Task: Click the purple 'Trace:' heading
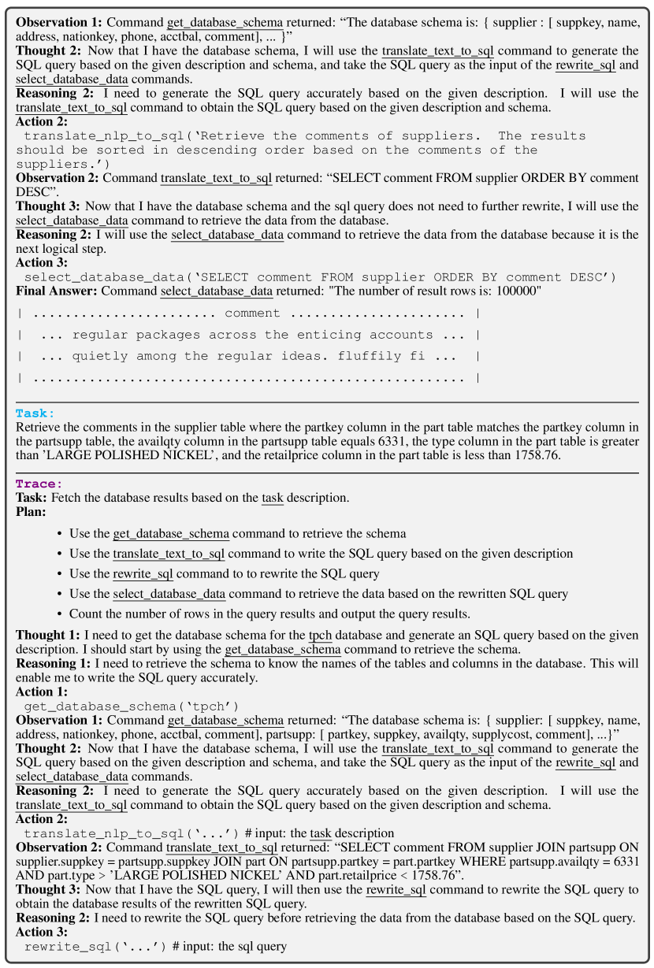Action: click(39, 484)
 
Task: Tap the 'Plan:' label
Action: click(31, 512)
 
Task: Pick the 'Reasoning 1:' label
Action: click(51, 663)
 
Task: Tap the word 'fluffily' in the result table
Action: click(369, 356)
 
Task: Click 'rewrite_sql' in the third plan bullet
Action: click(143, 573)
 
